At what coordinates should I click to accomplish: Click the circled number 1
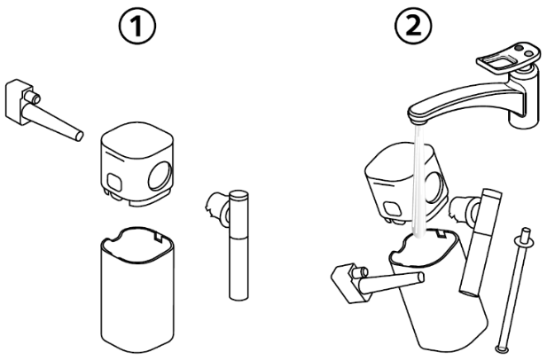tap(137, 26)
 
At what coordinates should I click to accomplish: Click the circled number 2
tap(413, 26)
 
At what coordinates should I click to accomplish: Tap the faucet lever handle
tap(509, 58)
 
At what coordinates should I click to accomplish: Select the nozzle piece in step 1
tap(43, 111)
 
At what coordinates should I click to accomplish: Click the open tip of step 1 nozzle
tap(80, 136)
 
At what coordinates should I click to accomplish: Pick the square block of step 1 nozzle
tap(20, 101)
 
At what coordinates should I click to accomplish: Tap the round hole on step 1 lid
tap(160, 176)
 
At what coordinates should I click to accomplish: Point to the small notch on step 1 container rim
tap(158, 238)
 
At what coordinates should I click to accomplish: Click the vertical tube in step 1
tap(238, 245)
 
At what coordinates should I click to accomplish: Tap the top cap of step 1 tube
tap(238, 195)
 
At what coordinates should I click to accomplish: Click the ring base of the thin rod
tap(503, 348)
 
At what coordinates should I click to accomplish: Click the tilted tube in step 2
tap(481, 242)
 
